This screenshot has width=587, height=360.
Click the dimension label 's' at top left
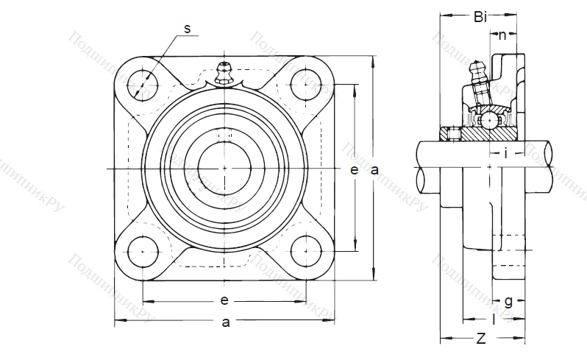pyautogui.click(x=187, y=28)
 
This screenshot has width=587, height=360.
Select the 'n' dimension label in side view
pyautogui.click(x=502, y=35)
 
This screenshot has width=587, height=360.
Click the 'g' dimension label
pyautogui.click(x=508, y=300)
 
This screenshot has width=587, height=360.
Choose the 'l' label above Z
pyautogui.click(x=494, y=320)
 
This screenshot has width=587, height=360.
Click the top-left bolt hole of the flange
pyautogui.click(x=140, y=85)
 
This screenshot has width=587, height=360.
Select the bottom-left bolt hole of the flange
pyautogui.click(x=141, y=250)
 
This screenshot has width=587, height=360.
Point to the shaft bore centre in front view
pyautogui.click(x=224, y=168)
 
